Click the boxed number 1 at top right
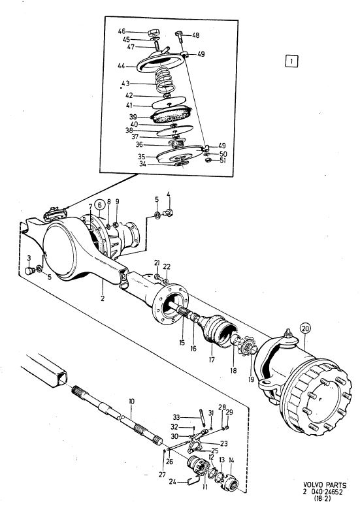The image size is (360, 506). [291, 61]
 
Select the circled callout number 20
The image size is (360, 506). [305, 328]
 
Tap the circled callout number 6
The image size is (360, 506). [99, 205]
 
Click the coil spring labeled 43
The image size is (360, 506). [166, 80]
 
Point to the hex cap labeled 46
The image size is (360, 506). [153, 33]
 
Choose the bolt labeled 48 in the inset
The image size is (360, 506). [179, 36]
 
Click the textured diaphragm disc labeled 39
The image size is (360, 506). [172, 115]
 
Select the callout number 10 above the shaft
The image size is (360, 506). [131, 402]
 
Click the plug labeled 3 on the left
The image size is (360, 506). [29, 270]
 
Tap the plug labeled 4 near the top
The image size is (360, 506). [168, 213]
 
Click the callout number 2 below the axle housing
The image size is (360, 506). [103, 298]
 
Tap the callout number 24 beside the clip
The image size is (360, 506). [172, 482]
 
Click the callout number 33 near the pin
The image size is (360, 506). [176, 417]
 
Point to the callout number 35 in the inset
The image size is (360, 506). [142, 157]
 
